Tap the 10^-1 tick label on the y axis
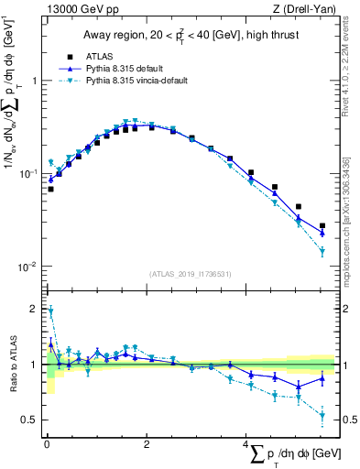click(27, 173)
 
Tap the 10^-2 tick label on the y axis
click(27, 267)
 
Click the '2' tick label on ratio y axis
click(32, 310)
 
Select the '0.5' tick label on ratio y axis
click(28, 420)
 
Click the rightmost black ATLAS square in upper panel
click(322, 225)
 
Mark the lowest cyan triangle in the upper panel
click(322, 252)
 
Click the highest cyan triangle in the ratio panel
click(50, 311)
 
